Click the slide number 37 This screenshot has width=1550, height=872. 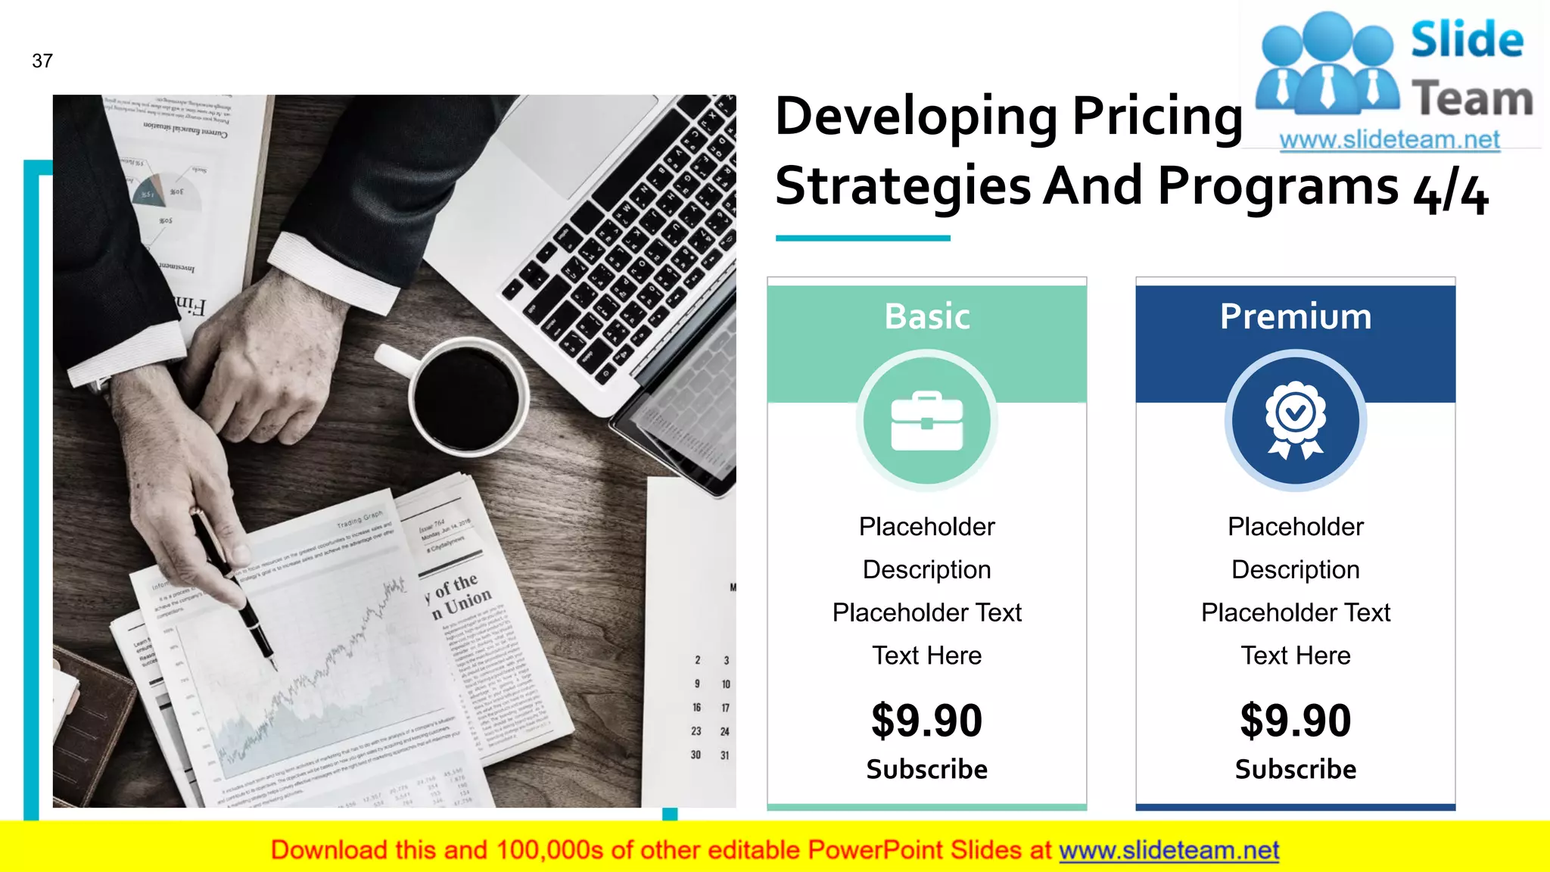coord(42,61)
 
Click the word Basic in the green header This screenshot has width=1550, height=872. coord(927,316)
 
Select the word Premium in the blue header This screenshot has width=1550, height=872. coord(1295,316)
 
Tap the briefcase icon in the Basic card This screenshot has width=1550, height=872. coord(927,421)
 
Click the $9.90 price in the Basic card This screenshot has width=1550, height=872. coord(926,720)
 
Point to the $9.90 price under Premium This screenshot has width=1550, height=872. coord(1295,720)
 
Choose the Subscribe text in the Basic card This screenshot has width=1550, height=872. coord(926,769)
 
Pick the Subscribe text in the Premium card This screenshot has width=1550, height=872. coord(1295,769)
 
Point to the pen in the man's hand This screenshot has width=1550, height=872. coord(235,590)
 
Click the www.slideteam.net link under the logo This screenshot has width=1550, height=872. coord(1390,140)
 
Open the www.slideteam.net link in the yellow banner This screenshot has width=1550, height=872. coord(1169,851)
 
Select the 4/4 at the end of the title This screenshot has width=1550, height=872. coord(1450,194)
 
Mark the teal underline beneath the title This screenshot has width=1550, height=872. coord(863,238)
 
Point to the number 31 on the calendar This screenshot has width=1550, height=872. coord(725,755)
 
